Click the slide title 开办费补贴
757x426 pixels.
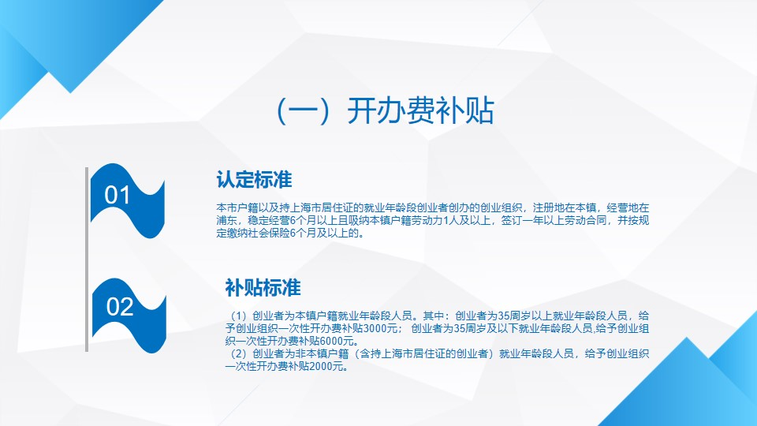click(x=420, y=110)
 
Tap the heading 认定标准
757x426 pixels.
click(x=254, y=180)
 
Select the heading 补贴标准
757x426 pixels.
click(x=263, y=288)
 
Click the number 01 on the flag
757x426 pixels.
click(x=117, y=195)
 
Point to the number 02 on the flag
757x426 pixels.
click(x=120, y=307)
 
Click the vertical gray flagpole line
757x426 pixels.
click(x=87, y=260)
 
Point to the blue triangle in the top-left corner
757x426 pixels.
click(x=58, y=39)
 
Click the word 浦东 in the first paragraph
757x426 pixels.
click(x=227, y=220)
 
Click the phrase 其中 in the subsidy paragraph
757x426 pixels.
click(x=434, y=316)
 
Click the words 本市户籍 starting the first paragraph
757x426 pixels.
click(x=237, y=207)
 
